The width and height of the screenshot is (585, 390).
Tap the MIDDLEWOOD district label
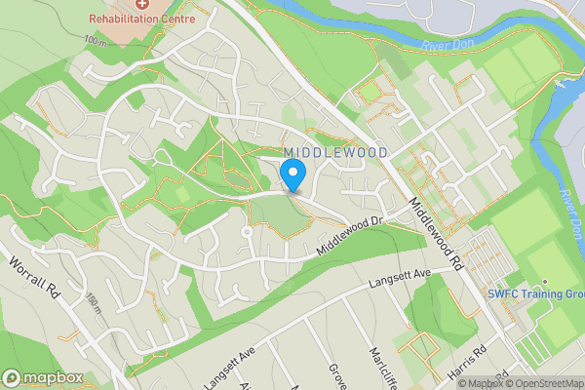click(336, 153)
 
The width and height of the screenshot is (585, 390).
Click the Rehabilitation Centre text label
click(142, 19)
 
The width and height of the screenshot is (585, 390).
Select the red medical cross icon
click(142, 5)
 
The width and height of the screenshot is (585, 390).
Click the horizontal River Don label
click(447, 44)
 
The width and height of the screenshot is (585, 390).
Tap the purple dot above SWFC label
click(546, 282)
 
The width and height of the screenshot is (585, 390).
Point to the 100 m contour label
click(95, 40)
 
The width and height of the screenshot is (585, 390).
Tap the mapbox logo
click(41, 377)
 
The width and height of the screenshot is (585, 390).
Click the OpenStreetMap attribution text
click(545, 383)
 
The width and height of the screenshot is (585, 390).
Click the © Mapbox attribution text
click(481, 383)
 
